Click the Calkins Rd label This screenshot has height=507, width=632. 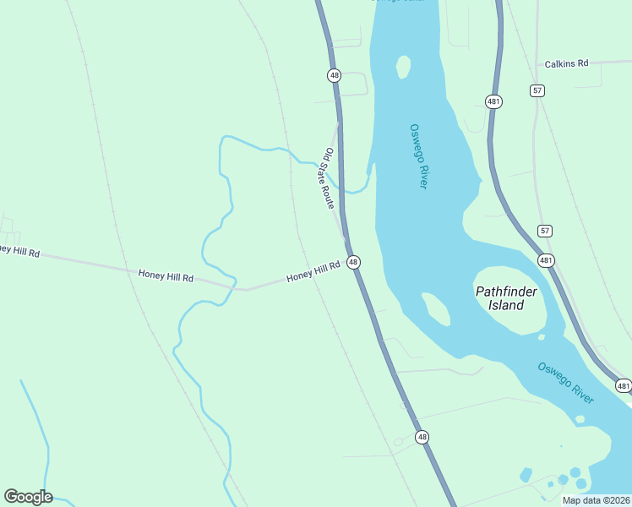pyautogui.click(x=565, y=63)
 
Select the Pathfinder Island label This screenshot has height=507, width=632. pyautogui.click(x=506, y=297)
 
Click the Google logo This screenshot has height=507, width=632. pyautogui.click(x=28, y=497)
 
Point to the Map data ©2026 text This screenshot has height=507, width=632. pyautogui.click(x=596, y=500)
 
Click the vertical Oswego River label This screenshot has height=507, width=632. pyautogui.click(x=418, y=156)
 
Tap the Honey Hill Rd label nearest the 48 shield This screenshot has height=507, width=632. pyautogui.click(x=313, y=271)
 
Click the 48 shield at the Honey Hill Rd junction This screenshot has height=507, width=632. pyautogui.click(x=353, y=263)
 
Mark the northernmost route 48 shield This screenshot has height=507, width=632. pyautogui.click(x=335, y=75)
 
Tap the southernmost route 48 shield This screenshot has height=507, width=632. pyautogui.click(x=422, y=437)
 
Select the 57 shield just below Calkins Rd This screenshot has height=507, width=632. pyautogui.click(x=537, y=90)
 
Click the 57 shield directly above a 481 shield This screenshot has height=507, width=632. pyautogui.click(x=545, y=231)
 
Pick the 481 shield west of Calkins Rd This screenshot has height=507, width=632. pyautogui.click(x=494, y=101)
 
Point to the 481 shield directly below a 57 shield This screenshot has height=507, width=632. pyautogui.click(x=546, y=261)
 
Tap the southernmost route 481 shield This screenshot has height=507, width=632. pyautogui.click(x=623, y=385)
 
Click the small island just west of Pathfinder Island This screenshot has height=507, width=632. pyautogui.click(x=436, y=308)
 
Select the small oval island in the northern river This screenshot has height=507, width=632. pyautogui.click(x=403, y=66)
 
